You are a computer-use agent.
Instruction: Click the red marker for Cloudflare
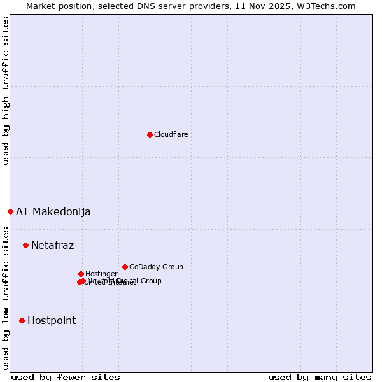(x=150, y=134)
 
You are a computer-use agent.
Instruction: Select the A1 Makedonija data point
(x=10, y=211)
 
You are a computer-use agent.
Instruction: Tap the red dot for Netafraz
(x=25, y=245)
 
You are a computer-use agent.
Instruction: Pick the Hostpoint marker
(x=22, y=320)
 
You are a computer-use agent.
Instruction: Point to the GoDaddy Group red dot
(x=125, y=267)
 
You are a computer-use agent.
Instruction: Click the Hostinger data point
(x=81, y=274)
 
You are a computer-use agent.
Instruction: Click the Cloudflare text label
(x=171, y=134)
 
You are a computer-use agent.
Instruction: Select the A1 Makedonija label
(x=53, y=211)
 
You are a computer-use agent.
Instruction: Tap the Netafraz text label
(x=52, y=245)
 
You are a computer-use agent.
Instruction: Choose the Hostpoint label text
(x=51, y=320)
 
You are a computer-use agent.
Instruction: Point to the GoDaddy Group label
(x=156, y=267)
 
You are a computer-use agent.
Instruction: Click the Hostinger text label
(x=101, y=274)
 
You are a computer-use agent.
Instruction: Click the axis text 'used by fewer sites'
(x=66, y=377)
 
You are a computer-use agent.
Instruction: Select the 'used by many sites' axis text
(x=320, y=377)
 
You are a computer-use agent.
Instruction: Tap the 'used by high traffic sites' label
(x=6, y=90)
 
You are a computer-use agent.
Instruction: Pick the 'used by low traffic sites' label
(x=6, y=298)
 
